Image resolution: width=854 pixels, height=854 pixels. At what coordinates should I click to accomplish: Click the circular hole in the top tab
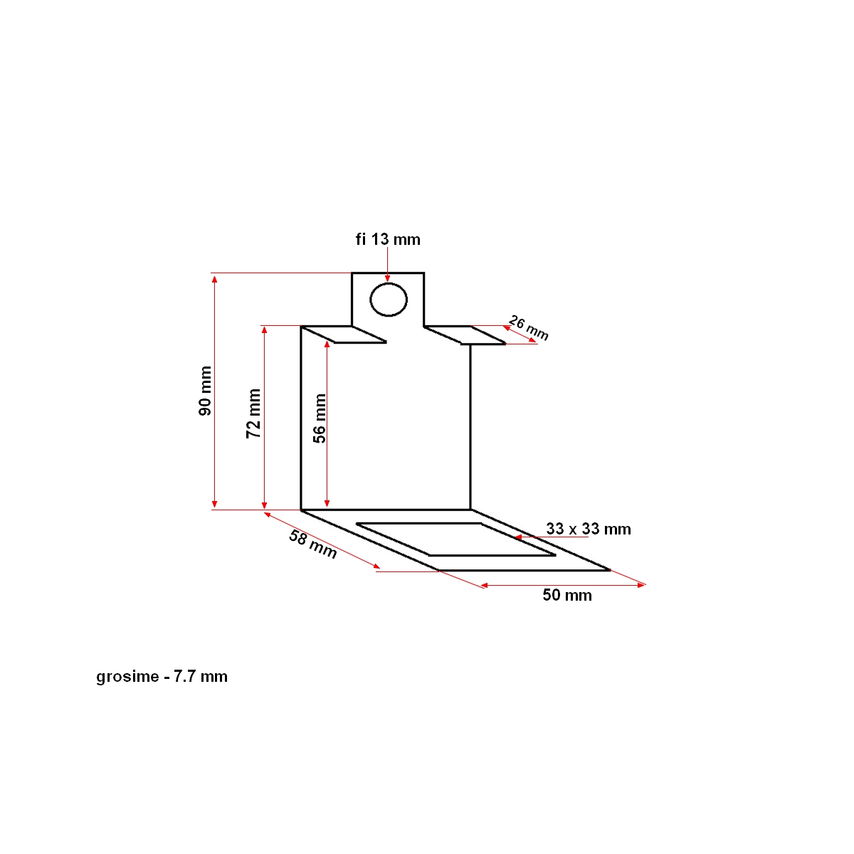(x=389, y=299)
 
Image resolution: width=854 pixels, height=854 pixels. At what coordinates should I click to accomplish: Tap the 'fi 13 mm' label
(x=388, y=239)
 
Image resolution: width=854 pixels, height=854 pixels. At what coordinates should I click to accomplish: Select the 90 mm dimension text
(x=205, y=391)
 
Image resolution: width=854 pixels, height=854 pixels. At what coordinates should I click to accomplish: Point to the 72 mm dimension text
(x=254, y=413)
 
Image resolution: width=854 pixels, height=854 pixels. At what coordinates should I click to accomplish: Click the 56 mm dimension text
(x=320, y=418)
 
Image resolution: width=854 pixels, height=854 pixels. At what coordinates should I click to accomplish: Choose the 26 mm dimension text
(x=529, y=327)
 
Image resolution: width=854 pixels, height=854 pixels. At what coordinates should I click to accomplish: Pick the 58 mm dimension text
(x=312, y=544)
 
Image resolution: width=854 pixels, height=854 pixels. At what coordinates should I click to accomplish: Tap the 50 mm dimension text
(x=567, y=596)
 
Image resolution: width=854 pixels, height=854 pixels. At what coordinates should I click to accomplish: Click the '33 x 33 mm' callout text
(x=589, y=529)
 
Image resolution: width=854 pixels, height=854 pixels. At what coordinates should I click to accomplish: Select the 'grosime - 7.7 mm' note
(x=162, y=677)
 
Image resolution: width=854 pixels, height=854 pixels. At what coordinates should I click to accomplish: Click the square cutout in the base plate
(x=455, y=539)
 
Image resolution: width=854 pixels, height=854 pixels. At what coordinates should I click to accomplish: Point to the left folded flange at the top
(x=344, y=334)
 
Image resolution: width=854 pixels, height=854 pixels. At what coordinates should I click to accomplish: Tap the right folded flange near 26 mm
(x=464, y=335)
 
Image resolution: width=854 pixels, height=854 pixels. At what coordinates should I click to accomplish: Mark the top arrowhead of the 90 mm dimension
(x=215, y=278)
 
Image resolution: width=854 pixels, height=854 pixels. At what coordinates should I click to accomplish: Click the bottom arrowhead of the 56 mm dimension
(x=327, y=503)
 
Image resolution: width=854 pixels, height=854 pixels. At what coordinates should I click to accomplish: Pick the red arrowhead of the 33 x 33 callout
(x=519, y=538)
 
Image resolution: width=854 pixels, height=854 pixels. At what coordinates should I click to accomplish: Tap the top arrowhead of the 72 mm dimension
(x=265, y=330)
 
